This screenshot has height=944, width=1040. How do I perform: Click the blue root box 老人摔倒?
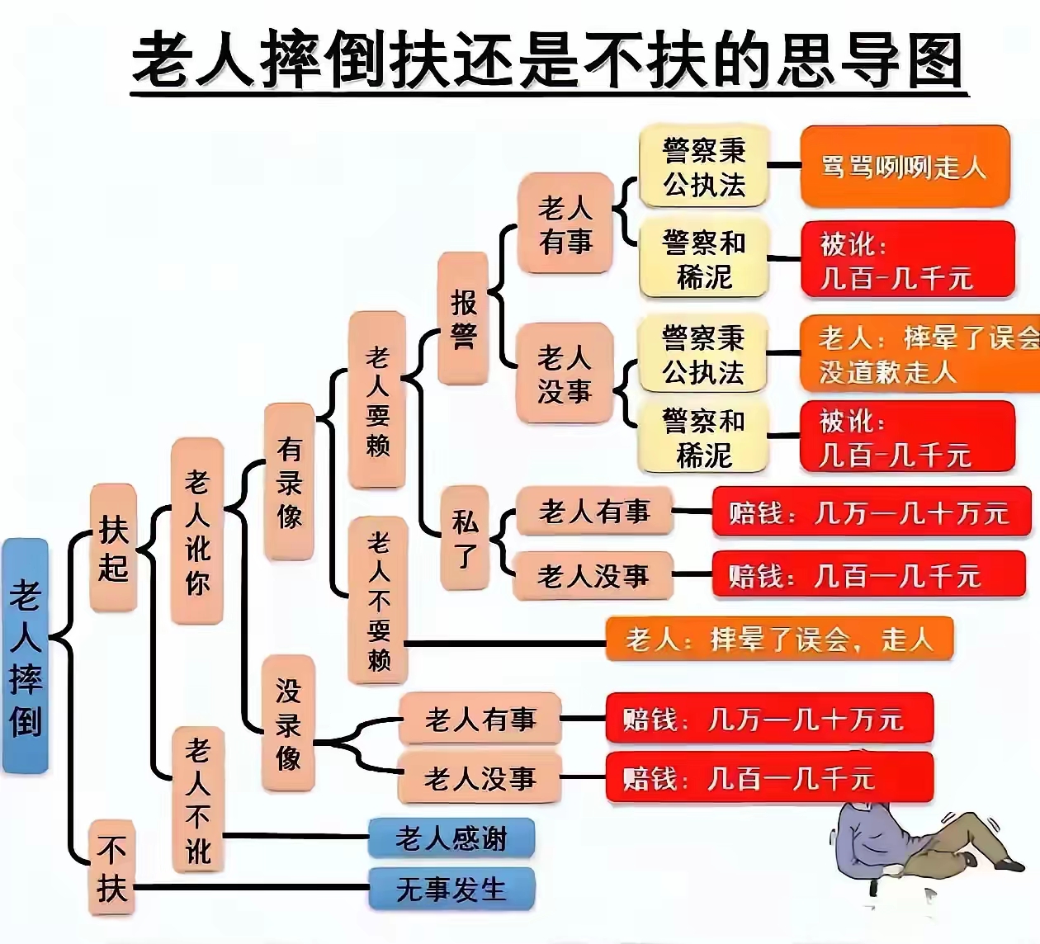[25, 655]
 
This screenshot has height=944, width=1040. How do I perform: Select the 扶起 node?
[113, 548]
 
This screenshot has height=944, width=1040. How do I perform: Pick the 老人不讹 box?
[197, 799]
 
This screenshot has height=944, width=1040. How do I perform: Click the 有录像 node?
[289, 482]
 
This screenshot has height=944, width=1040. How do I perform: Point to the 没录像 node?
[288, 724]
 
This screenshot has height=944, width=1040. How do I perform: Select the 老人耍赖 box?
[377, 400]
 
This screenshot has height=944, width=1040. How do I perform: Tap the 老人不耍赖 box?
[378, 600]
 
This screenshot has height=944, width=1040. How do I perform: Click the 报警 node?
[463, 319]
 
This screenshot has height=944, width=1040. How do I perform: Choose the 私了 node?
[465, 538]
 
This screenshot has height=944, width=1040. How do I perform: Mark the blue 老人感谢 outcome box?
[451, 838]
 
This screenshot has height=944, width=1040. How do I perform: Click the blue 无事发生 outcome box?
[451, 889]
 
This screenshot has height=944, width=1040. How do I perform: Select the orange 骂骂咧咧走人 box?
[905, 167]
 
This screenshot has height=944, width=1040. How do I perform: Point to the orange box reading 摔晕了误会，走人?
[779, 639]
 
